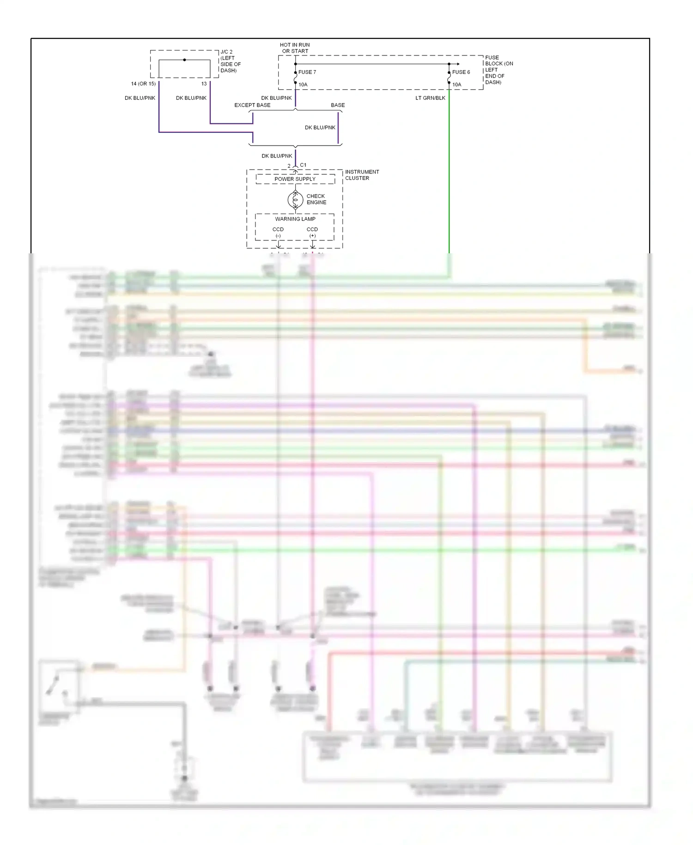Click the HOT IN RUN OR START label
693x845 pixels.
295,48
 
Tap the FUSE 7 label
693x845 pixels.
307,72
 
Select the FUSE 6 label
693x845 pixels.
461,72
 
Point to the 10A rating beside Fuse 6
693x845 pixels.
456,85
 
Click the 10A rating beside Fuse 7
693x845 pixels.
303,85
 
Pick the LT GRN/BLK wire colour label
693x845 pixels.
430,98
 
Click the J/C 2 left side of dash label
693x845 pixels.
230,61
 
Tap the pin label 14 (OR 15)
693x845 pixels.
143,84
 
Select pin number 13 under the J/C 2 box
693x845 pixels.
204,84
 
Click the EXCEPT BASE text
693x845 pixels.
252,105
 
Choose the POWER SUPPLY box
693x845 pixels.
295,179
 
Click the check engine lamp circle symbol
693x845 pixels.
295,200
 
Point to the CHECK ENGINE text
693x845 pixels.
316,199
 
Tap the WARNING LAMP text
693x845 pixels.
295,219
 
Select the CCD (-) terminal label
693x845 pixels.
278,232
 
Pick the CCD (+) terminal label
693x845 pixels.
312,232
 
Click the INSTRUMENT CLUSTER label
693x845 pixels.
362,175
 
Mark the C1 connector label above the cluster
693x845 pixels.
303,165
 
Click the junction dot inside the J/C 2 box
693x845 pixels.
184,60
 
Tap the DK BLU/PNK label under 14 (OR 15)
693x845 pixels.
140,98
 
